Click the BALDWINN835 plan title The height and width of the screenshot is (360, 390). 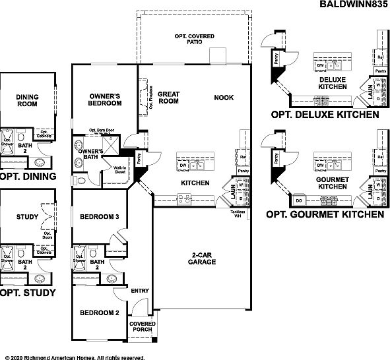coord(354,5)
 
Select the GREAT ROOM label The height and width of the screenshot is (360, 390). coord(170,98)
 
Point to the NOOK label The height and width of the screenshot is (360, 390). coord(224,98)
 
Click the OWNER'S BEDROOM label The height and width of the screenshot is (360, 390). coord(104,100)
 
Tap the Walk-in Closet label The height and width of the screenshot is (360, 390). coord(120,170)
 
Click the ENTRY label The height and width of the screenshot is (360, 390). coord(140,290)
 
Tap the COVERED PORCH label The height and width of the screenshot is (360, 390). coord(143,328)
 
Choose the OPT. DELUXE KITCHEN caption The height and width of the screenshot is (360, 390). coord(325,114)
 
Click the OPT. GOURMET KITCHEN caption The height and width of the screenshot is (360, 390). coord(325,214)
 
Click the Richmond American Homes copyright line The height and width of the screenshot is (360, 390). coord(73,357)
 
